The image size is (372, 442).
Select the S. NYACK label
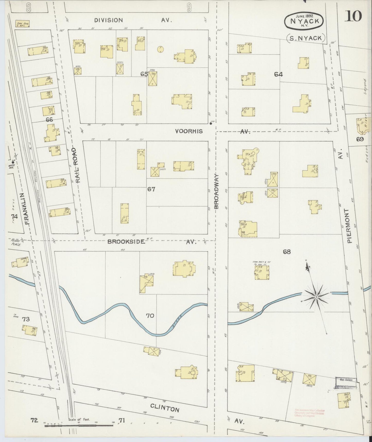point(306,38)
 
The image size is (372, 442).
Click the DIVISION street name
point(108,20)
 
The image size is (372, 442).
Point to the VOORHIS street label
point(189,131)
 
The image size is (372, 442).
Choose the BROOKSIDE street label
point(126,242)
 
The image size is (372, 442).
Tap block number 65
point(144,74)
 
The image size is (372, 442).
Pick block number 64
point(278,74)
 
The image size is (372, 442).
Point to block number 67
point(151,189)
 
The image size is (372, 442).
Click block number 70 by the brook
point(150,315)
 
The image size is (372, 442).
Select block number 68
point(287,251)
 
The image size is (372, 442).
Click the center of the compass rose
point(316,297)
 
